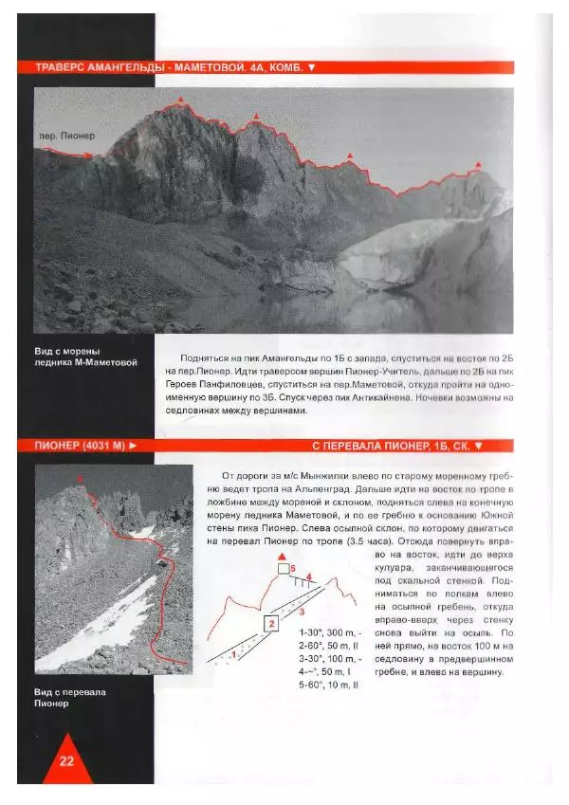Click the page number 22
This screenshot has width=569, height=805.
click(x=65, y=760)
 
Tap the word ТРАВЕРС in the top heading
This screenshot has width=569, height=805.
click(x=63, y=68)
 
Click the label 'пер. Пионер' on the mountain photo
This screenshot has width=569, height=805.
click(x=66, y=135)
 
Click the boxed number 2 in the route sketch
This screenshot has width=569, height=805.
click(x=271, y=623)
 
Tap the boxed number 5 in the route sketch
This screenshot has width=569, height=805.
click(x=284, y=568)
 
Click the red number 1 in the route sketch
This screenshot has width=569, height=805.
click(x=233, y=653)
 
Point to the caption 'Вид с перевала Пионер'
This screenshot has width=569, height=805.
click(x=69, y=698)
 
